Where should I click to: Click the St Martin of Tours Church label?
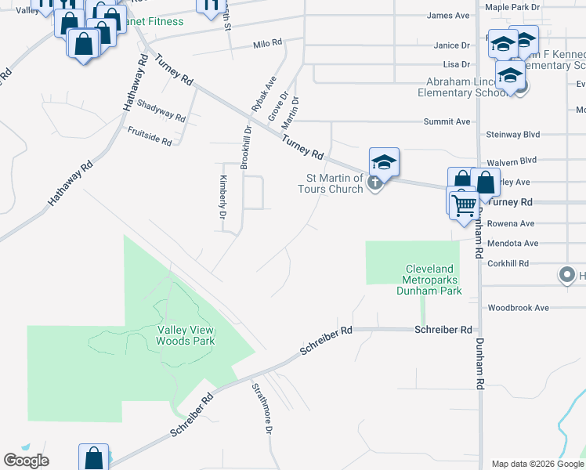330,183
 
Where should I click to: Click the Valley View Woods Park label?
185,335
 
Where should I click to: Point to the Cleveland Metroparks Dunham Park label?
431,279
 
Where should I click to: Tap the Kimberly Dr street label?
222,201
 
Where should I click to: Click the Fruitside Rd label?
149,134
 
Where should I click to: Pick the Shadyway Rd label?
161,110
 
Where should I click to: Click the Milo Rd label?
267,44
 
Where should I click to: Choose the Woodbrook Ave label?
518,308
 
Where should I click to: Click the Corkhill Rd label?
508,264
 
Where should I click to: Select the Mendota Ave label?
513,244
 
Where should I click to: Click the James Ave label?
448,15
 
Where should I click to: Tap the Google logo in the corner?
26,461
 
